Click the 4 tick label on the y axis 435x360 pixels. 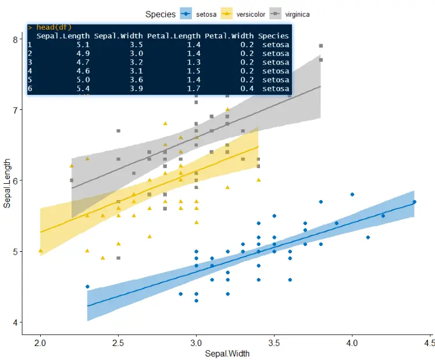[x=14, y=323]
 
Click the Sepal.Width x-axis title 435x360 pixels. [x=226, y=353]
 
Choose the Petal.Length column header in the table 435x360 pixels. [x=173, y=36]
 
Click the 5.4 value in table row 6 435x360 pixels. [x=83, y=88]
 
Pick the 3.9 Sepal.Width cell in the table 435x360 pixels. [x=136, y=88]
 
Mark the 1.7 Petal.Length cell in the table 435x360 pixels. [x=194, y=88]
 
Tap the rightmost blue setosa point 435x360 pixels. [x=415, y=202]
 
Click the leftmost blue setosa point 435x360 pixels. [x=87, y=287]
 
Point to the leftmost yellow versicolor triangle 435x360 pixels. [x=40, y=251]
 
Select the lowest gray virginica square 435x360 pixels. [x=118, y=258]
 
